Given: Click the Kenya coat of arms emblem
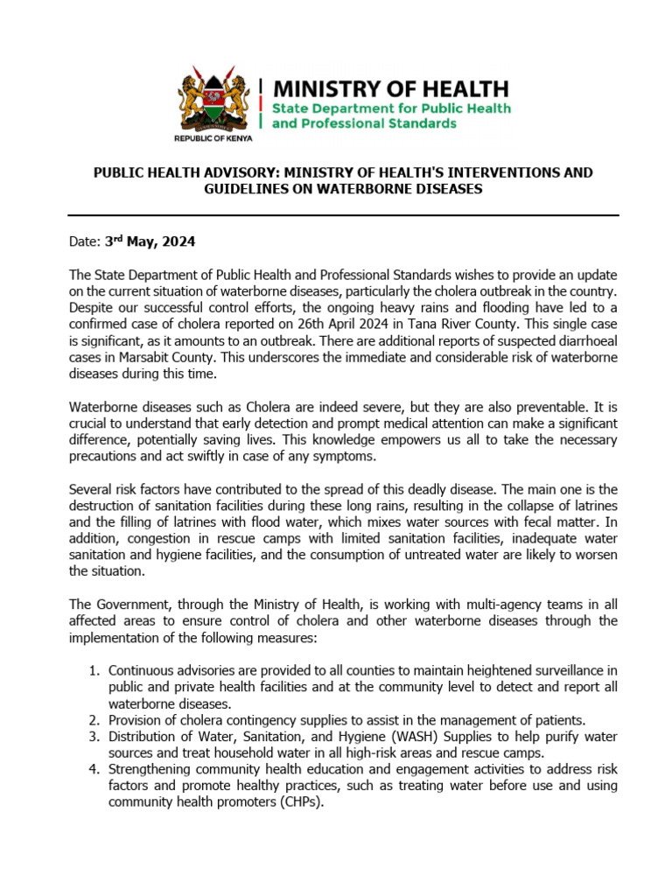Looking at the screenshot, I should pyautogui.click(x=213, y=100).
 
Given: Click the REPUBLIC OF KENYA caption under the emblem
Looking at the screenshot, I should pyautogui.click(x=213, y=139).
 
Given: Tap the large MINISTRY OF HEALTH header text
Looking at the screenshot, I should pyautogui.click(x=390, y=88).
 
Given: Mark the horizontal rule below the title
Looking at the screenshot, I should pyautogui.click(x=343, y=215).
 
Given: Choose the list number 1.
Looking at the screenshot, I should pyautogui.click(x=94, y=670).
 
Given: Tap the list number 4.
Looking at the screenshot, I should pyautogui.click(x=94, y=769).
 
